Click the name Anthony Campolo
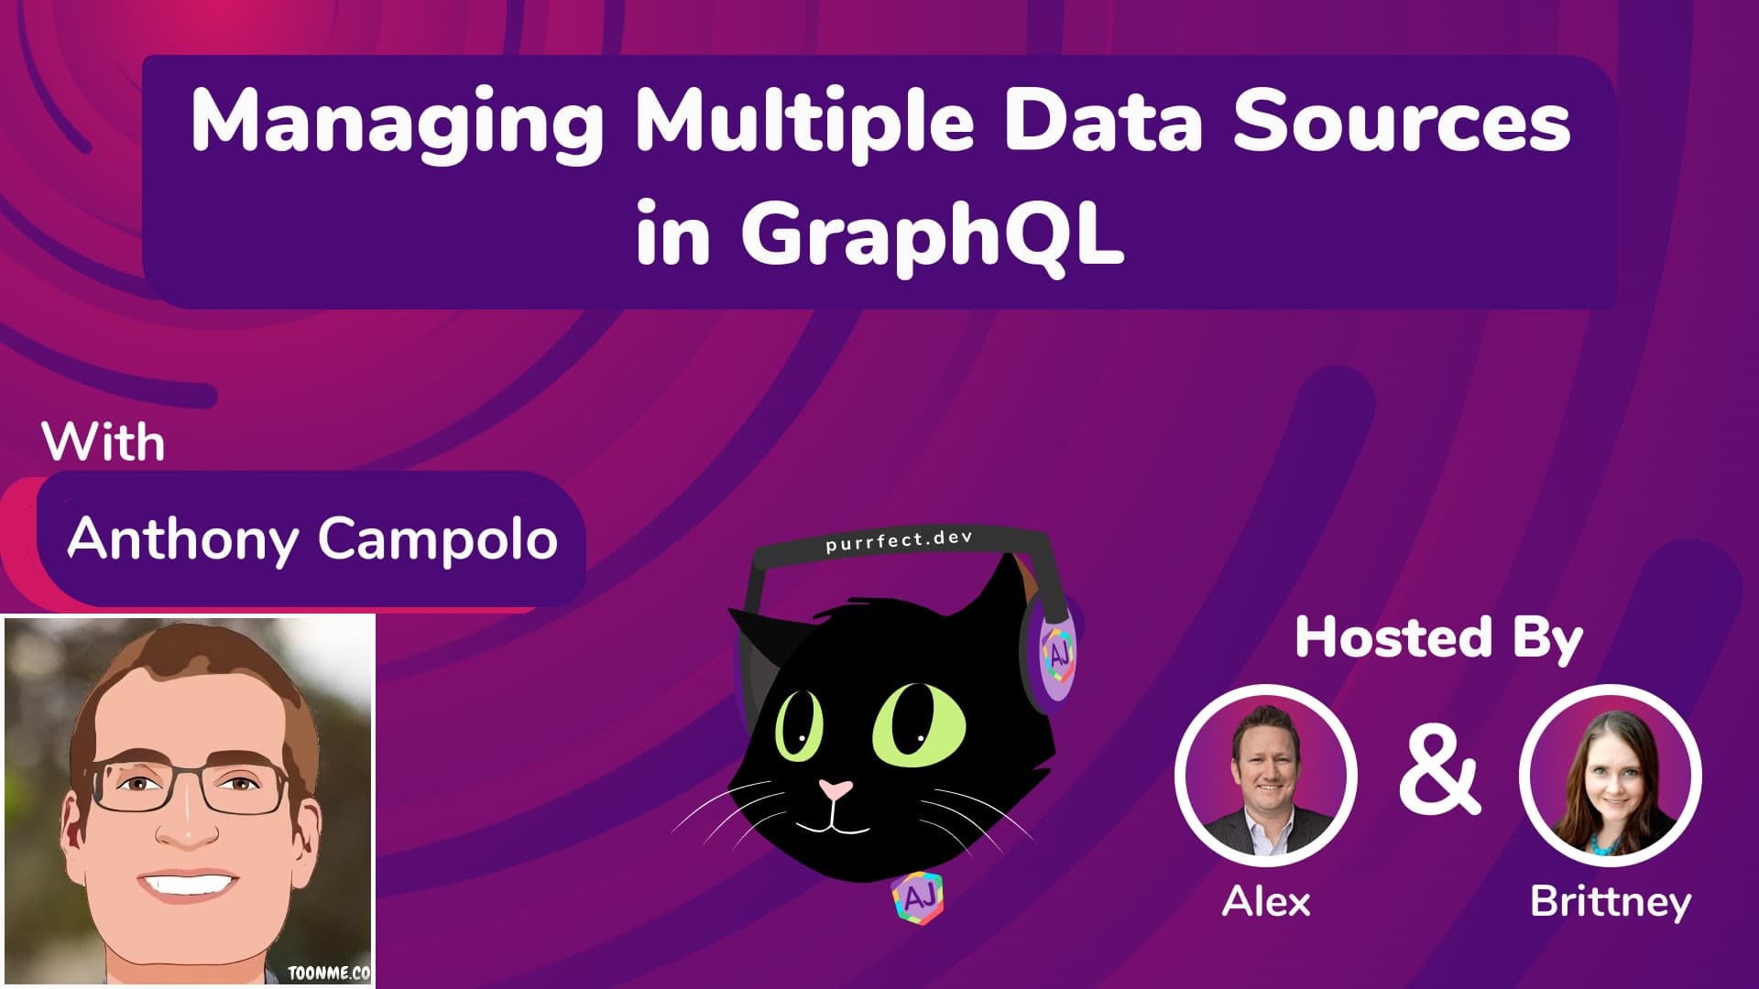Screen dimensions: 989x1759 click(x=312, y=538)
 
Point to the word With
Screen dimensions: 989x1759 click(x=104, y=443)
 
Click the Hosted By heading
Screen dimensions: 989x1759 click(x=1438, y=638)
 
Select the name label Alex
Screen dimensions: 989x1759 click(x=1266, y=902)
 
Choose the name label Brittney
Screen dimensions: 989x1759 click(x=1610, y=902)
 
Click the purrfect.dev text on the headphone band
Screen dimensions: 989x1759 click(x=898, y=541)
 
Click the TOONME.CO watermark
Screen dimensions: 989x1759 click(x=329, y=973)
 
